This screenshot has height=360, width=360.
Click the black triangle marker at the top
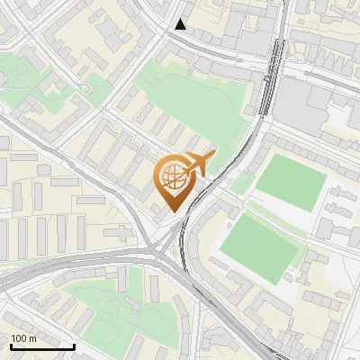tap(182, 24)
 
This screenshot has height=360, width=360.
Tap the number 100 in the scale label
tap(20, 338)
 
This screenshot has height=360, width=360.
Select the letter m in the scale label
tap(32, 338)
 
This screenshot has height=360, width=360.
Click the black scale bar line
tap(42, 346)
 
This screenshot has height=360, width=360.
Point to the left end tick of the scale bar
tap(11, 345)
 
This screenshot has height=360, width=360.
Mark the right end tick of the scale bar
tap(74, 345)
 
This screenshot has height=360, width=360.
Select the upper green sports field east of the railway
tap(290, 182)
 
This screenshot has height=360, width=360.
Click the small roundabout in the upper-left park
tap(85, 87)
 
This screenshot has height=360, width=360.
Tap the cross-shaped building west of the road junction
tap(121, 234)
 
